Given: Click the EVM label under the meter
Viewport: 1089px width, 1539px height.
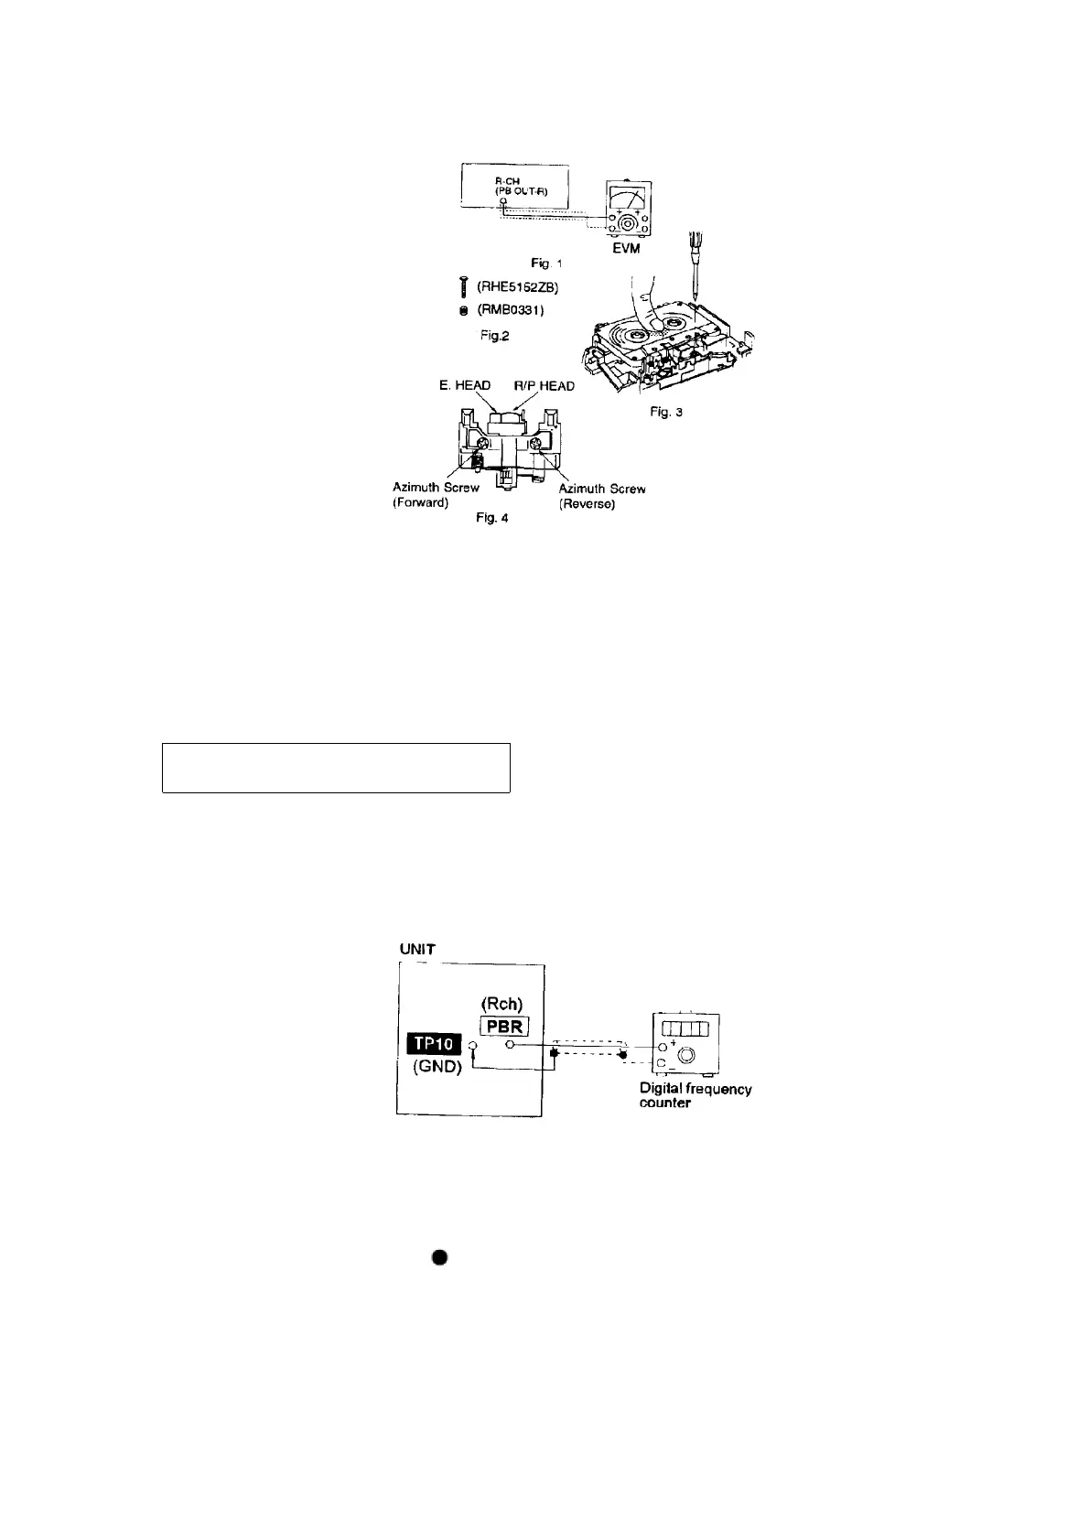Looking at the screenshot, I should (x=626, y=248).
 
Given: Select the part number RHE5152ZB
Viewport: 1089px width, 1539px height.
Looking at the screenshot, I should (x=517, y=287).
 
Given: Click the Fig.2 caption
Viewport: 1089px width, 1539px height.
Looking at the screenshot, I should (x=494, y=336).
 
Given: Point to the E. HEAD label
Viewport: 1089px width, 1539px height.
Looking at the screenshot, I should (x=465, y=385).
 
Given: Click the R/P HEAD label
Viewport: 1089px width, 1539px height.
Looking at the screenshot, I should (x=544, y=385).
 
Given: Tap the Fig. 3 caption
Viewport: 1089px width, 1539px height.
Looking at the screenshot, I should (x=666, y=412).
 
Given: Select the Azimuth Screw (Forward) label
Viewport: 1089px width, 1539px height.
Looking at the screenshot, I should (x=436, y=495).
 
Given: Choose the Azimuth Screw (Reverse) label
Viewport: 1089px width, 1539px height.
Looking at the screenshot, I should (x=601, y=496).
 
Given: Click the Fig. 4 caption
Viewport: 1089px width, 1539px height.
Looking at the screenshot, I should (x=491, y=518).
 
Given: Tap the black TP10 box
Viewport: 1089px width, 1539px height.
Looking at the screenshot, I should (x=435, y=1046).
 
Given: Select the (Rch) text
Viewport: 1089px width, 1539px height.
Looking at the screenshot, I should (x=501, y=1005).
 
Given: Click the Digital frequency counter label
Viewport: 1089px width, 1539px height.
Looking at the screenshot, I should (x=695, y=1095).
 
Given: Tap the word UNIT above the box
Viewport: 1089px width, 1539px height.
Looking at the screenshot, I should (x=418, y=949).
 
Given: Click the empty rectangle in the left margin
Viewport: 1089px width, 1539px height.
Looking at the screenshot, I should (x=336, y=768).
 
